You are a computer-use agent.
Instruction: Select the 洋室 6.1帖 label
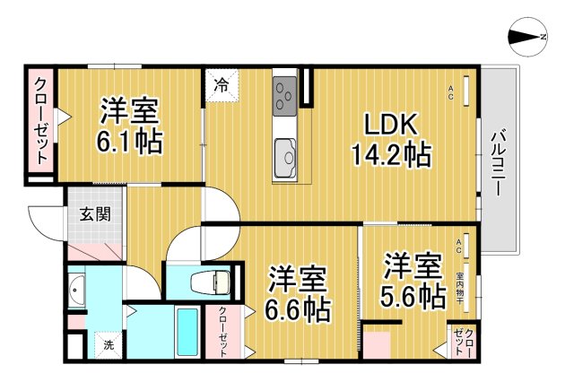point(130,126)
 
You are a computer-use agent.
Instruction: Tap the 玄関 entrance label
point(94,214)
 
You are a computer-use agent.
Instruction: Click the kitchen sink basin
point(287,157)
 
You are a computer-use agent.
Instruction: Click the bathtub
point(187,332)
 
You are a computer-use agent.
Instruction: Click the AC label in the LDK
point(451,87)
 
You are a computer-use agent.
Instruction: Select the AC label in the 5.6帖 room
point(458,242)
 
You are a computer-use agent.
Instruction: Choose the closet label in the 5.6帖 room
point(463,343)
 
